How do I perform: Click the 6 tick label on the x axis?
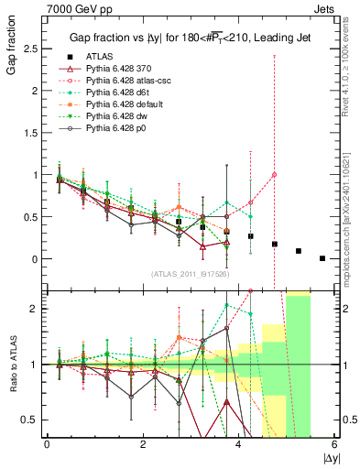(x=335, y=446)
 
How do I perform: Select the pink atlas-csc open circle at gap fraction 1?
(x=275, y=175)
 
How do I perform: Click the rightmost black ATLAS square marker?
(x=322, y=258)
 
